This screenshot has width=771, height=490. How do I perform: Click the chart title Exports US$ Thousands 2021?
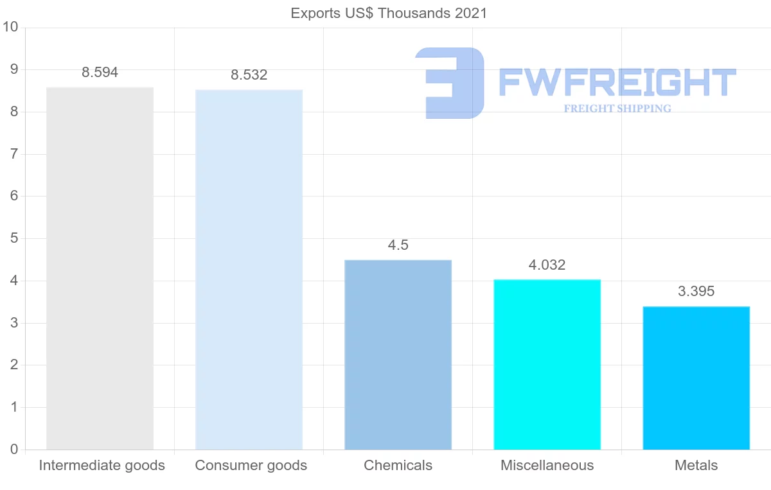click(x=389, y=13)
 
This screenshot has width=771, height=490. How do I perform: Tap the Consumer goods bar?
click(x=249, y=270)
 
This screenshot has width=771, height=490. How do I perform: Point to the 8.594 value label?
click(x=100, y=73)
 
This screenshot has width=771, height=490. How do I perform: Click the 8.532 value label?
click(x=249, y=75)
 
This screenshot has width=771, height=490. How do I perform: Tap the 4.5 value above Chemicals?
click(x=398, y=245)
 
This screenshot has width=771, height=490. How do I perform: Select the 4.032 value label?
click(x=547, y=265)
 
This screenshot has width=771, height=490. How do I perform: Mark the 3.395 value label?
click(x=696, y=292)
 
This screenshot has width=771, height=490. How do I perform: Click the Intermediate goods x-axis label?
click(x=102, y=466)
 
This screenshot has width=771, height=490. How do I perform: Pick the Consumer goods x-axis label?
click(x=251, y=466)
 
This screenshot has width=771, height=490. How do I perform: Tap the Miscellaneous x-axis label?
click(x=547, y=466)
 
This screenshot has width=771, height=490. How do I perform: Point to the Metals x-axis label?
click(x=696, y=466)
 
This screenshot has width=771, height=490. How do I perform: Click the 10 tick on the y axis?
click(x=10, y=28)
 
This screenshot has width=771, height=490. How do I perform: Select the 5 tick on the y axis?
click(x=13, y=239)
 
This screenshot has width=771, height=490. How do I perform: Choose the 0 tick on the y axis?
click(x=13, y=450)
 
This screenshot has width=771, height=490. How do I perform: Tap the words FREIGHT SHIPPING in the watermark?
click(x=617, y=109)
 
